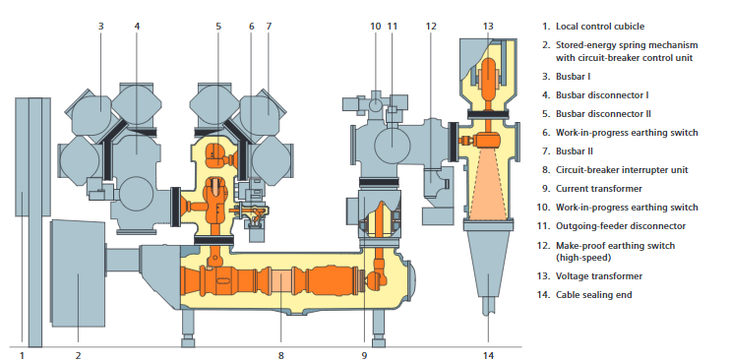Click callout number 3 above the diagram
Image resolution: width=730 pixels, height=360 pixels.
coord(100,27)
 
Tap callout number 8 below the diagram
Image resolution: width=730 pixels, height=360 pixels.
coord(280,356)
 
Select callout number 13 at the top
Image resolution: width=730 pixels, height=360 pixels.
coord(488,27)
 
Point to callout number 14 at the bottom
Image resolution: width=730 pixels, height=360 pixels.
coord(488,356)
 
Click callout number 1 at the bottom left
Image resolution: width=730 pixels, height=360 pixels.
coord(22,356)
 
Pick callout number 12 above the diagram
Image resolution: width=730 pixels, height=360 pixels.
coord(431,27)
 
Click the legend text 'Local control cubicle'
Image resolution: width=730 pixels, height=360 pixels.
coord(600,27)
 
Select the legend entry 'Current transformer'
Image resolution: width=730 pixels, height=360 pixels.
coord(599,189)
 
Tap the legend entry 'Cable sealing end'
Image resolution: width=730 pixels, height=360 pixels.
coord(594,295)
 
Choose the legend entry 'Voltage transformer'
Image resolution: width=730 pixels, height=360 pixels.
coord(599,276)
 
